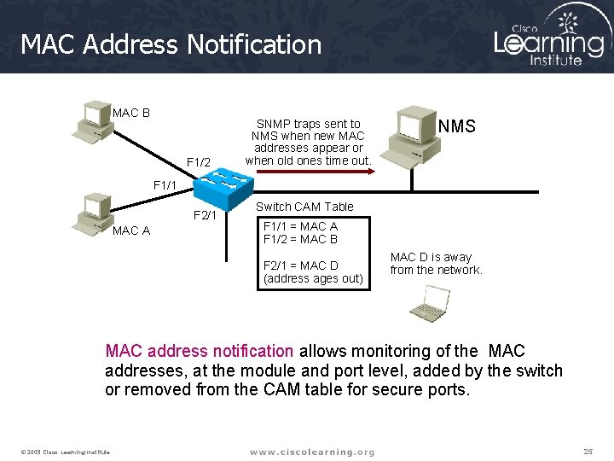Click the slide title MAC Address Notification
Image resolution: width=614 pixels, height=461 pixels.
171,44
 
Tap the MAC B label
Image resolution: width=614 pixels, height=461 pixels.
131,113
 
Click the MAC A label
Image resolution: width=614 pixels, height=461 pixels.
131,230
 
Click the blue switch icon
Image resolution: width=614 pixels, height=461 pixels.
223,187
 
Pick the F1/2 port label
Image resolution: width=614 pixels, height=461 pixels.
198,162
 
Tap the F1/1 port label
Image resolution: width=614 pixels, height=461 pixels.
165,184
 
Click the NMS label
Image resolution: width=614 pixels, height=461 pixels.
456,127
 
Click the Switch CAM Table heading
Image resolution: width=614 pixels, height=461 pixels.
304,206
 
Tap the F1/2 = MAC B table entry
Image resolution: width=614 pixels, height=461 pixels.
300,239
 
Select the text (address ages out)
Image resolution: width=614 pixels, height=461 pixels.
313,278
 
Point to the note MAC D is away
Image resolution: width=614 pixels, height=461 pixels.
436,263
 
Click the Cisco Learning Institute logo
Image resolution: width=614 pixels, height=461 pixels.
550,38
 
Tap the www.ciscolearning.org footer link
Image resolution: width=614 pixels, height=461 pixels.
311,452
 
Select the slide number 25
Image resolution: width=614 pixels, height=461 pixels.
588,451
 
